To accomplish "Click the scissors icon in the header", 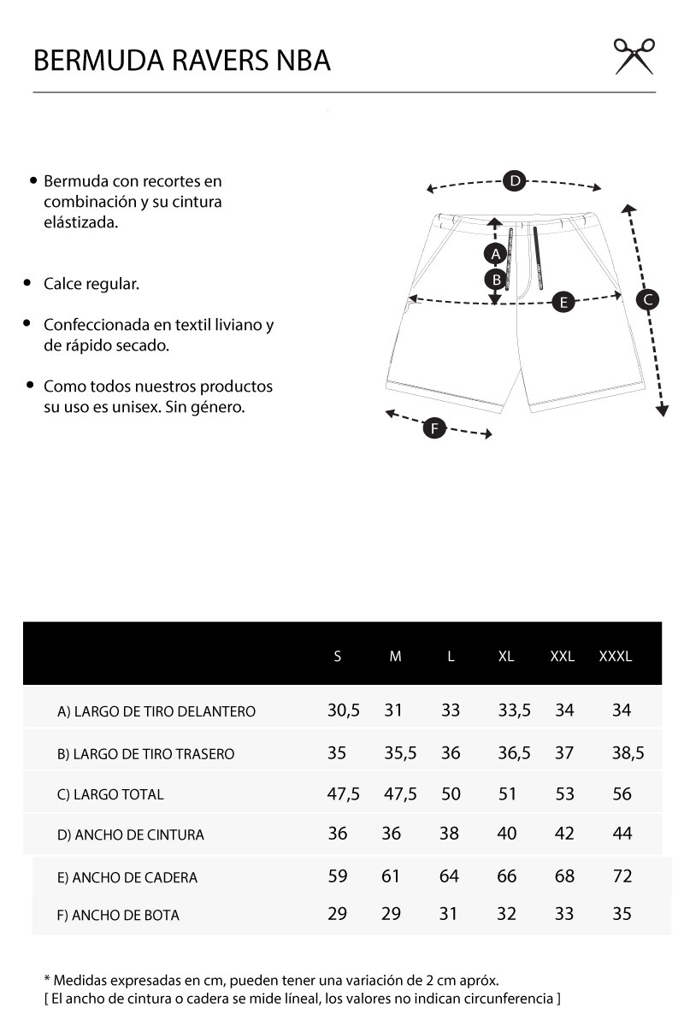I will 634,56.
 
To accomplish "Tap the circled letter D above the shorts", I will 514,180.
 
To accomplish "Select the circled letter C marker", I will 648,299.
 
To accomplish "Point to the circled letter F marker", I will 434,427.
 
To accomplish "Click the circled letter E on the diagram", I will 563,301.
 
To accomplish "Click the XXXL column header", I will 616,657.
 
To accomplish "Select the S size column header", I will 338,657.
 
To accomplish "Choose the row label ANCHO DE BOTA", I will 118,916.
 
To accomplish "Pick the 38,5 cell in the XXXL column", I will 628,753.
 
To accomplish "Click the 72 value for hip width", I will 622,876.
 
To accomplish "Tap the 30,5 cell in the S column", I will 344,711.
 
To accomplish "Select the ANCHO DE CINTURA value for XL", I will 507,834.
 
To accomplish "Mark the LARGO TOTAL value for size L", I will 451,794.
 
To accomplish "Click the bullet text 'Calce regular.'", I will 91,284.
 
